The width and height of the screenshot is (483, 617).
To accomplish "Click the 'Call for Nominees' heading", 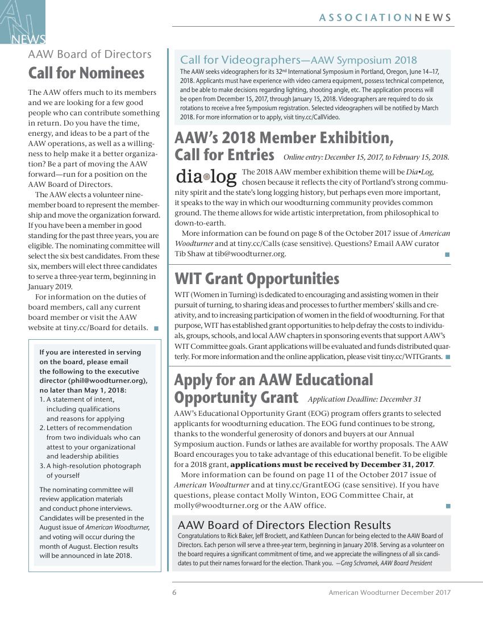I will click(x=86, y=73).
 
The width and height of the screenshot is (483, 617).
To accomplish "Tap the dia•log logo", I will click(x=206, y=177).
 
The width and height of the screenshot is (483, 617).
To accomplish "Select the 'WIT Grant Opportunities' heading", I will click(x=257, y=279).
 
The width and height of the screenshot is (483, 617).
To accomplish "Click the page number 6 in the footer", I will click(x=174, y=592).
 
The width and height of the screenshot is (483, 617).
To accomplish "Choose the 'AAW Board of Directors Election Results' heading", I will click(x=284, y=525).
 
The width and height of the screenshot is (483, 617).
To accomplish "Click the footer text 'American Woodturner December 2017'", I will click(x=390, y=592).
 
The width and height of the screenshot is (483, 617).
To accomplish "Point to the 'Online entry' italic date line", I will click(x=366, y=157).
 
